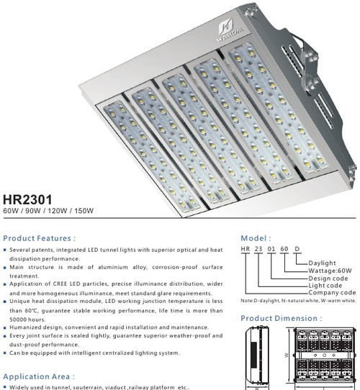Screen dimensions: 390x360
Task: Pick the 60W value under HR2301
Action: point(12,212)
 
